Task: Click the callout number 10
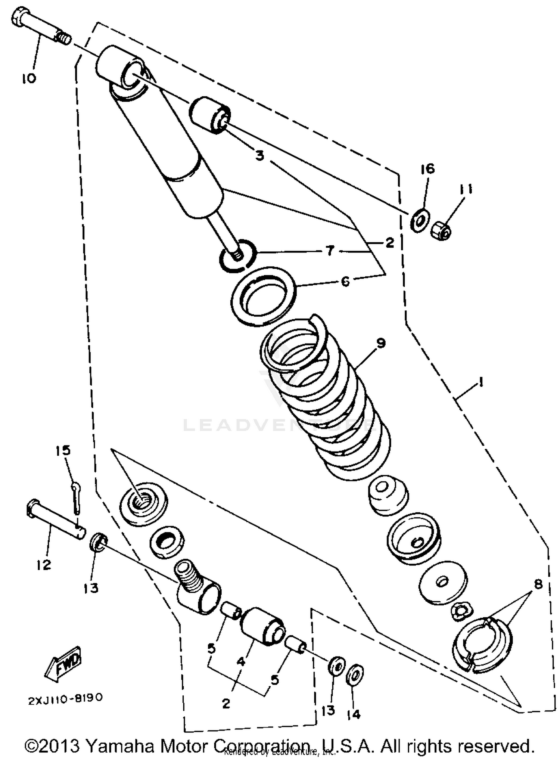(29, 78)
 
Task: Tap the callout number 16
(428, 169)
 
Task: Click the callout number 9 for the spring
(381, 342)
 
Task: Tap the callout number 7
(330, 251)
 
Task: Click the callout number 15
(63, 450)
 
